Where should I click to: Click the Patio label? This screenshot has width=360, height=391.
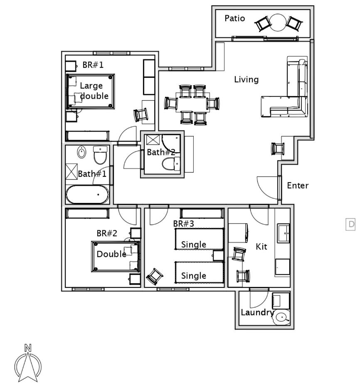(234, 18)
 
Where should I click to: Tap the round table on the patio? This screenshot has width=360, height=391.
(278, 22)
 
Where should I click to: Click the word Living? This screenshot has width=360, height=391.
(247, 79)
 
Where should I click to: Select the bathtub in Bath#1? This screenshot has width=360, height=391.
(87, 195)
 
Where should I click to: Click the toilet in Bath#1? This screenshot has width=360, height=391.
(100, 155)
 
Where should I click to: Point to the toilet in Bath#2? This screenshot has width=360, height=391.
(171, 163)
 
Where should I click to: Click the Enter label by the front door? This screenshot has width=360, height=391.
(298, 186)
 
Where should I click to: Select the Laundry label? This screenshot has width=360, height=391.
(257, 312)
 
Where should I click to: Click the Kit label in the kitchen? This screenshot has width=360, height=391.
(261, 247)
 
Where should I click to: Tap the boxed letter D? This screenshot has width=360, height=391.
(350, 225)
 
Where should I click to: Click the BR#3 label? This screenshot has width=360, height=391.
(184, 224)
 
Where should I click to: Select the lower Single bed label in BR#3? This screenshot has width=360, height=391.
(194, 276)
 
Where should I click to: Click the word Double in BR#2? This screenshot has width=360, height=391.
(111, 254)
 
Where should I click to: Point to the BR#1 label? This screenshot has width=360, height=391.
(93, 65)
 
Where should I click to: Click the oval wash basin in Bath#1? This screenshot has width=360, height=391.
(81, 152)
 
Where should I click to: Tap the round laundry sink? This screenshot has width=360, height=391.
(282, 317)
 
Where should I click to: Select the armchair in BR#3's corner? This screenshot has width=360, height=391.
(155, 276)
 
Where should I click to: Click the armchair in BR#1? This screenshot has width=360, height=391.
(141, 115)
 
